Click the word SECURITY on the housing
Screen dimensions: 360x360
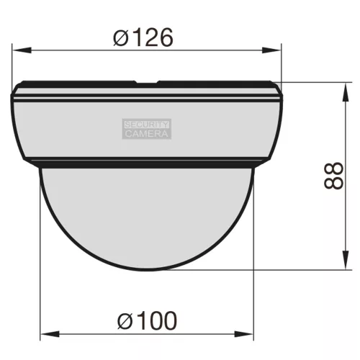click(147, 124)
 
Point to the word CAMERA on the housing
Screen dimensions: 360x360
click(147, 133)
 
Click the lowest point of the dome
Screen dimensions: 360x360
click(147, 269)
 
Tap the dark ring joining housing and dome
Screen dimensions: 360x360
click(147, 163)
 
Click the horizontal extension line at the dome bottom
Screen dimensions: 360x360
click(302, 270)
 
